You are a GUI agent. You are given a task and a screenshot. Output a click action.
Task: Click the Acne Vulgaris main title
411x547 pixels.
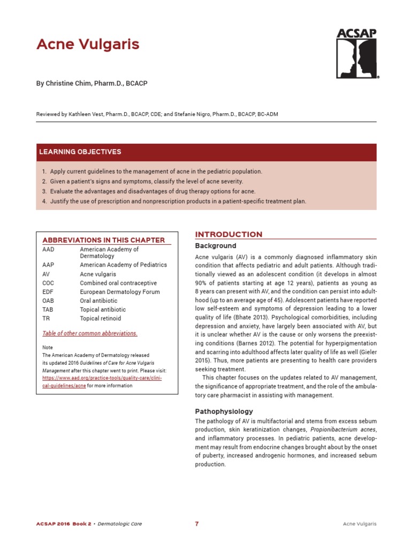click(88, 44)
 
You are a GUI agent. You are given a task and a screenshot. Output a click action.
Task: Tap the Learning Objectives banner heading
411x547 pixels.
click(80, 152)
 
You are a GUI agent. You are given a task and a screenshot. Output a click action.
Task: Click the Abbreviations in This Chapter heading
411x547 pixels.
click(103, 240)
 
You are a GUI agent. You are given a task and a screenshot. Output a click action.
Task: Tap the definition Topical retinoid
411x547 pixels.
click(101, 318)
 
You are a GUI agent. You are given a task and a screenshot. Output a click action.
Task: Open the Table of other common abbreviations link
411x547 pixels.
click(89, 333)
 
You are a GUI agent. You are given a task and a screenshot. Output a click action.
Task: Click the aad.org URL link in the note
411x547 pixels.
click(102, 381)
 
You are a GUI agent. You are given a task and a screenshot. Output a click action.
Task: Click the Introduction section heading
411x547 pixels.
click(229, 235)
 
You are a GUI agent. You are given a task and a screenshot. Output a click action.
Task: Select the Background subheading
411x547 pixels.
click(216, 246)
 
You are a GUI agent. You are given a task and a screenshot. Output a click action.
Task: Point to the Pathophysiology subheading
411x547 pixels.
click(224, 412)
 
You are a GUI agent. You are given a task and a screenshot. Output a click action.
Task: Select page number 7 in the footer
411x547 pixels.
click(197, 524)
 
